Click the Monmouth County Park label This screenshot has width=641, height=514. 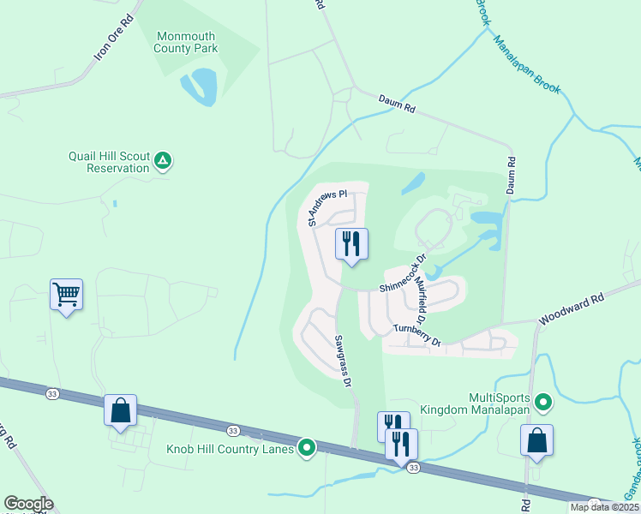coord(185,42)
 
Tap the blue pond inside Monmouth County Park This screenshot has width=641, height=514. coord(202,87)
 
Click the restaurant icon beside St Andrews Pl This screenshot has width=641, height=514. coord(351,244)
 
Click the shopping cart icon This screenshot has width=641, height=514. coord(67,296)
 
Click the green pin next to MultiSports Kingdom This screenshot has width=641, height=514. coord(542,401)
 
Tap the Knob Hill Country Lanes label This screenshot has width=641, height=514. coord(230,448)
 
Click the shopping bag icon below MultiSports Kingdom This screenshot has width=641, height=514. coord(536,440)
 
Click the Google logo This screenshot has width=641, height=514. coord(28,504)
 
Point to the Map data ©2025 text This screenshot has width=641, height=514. coord(603,507)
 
